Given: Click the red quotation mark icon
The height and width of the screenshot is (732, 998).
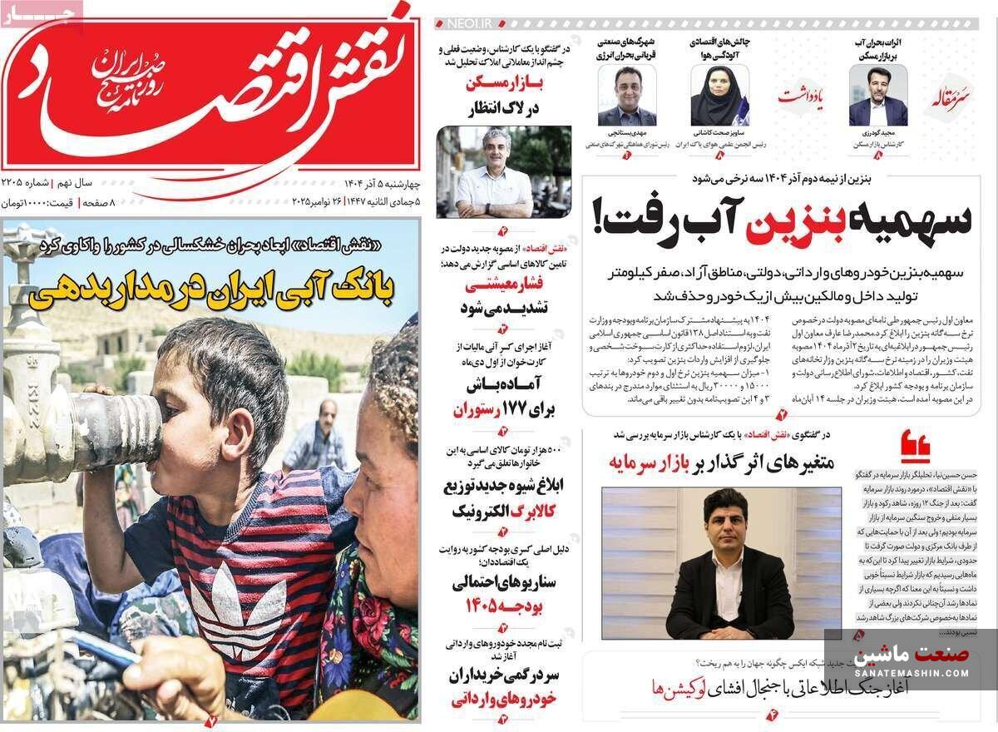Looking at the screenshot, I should pyautogui.click(x=915, y=447).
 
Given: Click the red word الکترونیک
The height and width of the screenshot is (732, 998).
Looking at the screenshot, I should pyautogui.click(x=485, y=510).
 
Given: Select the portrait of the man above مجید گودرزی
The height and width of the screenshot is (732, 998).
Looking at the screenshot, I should pyautogui.click(x=877, y=96).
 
